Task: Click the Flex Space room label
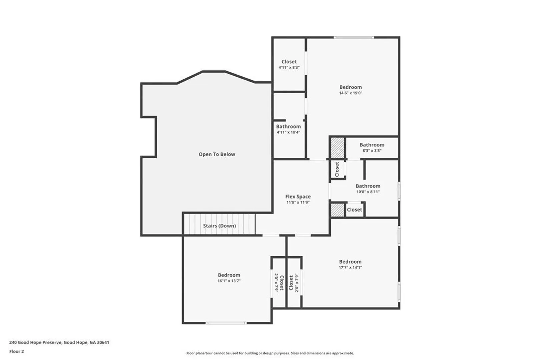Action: pyautogui.click(x=298, y=197)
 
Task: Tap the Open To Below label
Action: pyautogui.click(x=217, y=154)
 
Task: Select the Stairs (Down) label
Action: pyautogui.click(x=219, y=226)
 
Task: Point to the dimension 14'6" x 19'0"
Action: pyautogui.click(x=351, y=93)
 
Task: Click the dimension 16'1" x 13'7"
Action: pyautogui.click(x=229, y=281)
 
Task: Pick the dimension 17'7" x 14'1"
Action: pyautogui.click(x=350, y=267)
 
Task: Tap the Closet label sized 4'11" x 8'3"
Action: pyautogui.click(x=289, y=62)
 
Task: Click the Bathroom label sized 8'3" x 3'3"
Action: pyautogui.click(x=372, y=145)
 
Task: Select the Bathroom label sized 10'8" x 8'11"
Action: pyautogui.click(x=368, y=186)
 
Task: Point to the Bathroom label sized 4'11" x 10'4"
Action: pyautogui.click(x=288, y=126)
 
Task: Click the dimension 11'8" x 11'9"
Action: pyautogui.click(x=298, y=202)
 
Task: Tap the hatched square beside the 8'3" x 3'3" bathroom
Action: pyautogui.click(x=337, y=148)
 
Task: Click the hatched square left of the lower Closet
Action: pyautogui.click(x=337, y=210)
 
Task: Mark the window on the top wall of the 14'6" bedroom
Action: pyautogui.click(x=354, y=37)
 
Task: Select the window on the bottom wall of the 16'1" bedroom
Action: pyautogui.click(x=226, y=323)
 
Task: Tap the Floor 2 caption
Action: pyautogui.click(x=17, y=351)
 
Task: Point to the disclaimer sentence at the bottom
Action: pyautogui.click(x=270, y=353)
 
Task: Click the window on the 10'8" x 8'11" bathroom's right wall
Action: pyautogui.click(x=399, y=191)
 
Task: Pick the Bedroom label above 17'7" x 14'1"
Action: pyautogui.click(x=350, y=262)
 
